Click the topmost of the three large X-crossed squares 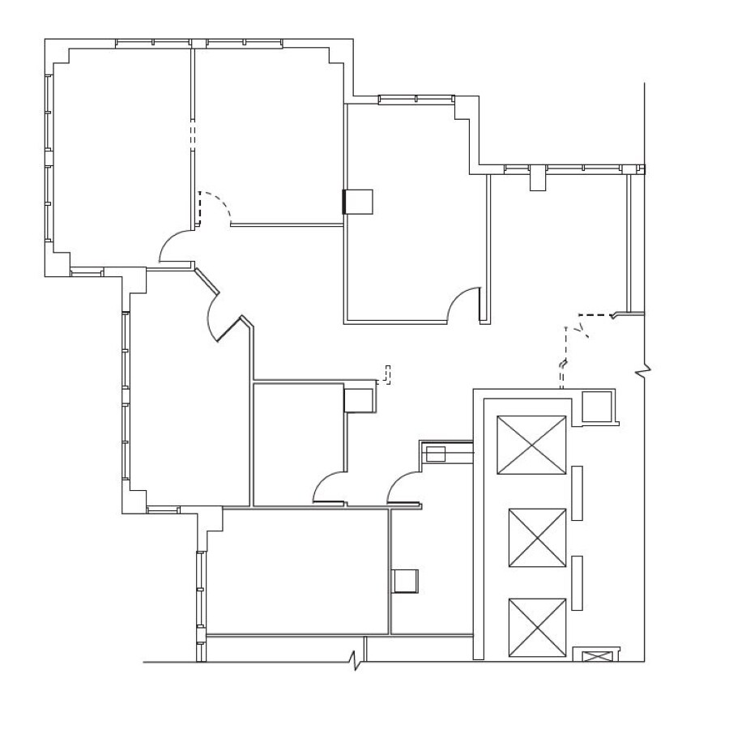[x=531, y=445]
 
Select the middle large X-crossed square [x=537, y=538]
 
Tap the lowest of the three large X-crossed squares [x=537, y=628]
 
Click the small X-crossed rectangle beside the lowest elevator [x=596, y=655]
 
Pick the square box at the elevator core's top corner [x=598, y=406]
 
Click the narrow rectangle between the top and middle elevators [x=577, y=492]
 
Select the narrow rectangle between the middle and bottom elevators [x=577, y=583]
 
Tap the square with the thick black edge [x=358, y=202]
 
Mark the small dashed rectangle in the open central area [x=387, y=374]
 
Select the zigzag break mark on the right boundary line [x=645, y=371]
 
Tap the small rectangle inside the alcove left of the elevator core [x=436, y=454]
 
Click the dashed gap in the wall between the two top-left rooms [x=193, y=133]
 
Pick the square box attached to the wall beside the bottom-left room [x=404, y=581]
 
